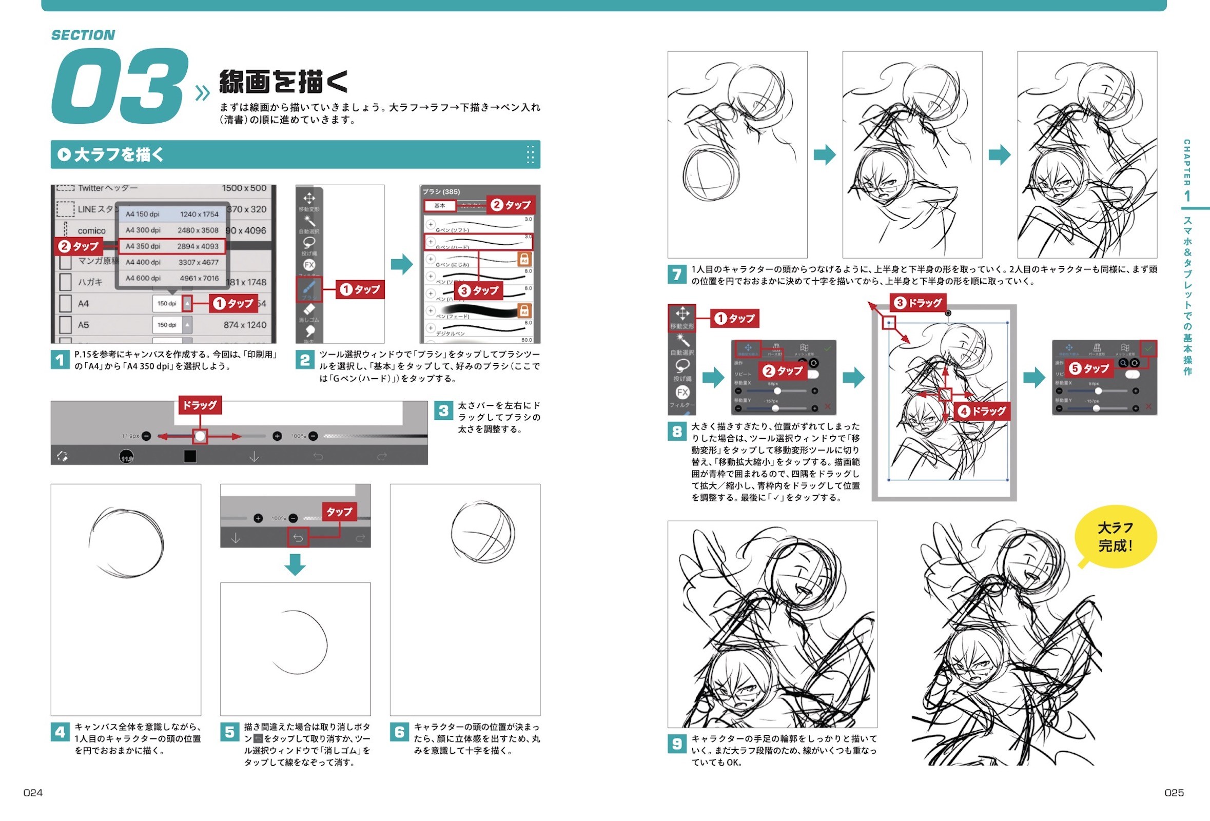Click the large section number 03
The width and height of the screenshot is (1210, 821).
[x=120, y=86]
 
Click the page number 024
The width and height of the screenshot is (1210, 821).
[x=33, y=792]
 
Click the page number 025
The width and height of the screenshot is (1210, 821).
[x=1174, y=792]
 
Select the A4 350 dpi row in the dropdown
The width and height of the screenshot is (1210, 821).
[x=172, y=246]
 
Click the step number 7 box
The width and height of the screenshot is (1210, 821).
[x=676, y=275]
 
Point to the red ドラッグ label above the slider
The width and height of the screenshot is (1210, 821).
[x=200, y=405]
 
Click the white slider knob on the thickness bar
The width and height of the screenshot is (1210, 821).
[x=200, y=436]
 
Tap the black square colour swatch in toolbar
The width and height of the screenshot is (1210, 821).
[x=190, y=457]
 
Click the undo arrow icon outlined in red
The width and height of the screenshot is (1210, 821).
[x=298, y=538]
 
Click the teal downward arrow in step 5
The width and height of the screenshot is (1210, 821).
[x=295, y=564]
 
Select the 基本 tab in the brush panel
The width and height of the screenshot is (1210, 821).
[x=439, y=206]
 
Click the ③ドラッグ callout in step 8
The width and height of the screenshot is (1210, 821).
[x=918, y=302]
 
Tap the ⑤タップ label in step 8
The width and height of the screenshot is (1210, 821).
[x=1088, y=368]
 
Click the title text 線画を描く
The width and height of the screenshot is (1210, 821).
[x=284, y=82]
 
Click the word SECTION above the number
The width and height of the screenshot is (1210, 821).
[x=83, y=35]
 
